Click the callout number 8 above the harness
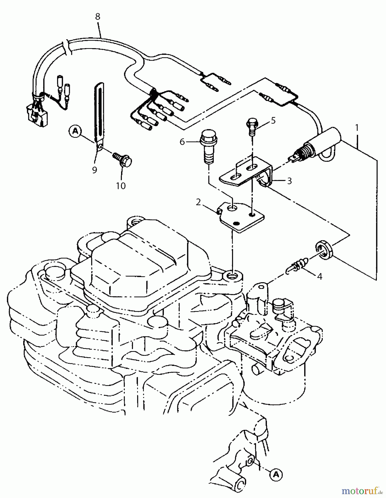97,17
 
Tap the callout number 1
357,128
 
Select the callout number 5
273,120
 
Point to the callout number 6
182,142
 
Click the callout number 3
289,181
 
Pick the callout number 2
198,202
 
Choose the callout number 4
319,276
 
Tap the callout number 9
94,170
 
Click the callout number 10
121,186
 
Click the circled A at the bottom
276,474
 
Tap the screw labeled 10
123,160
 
